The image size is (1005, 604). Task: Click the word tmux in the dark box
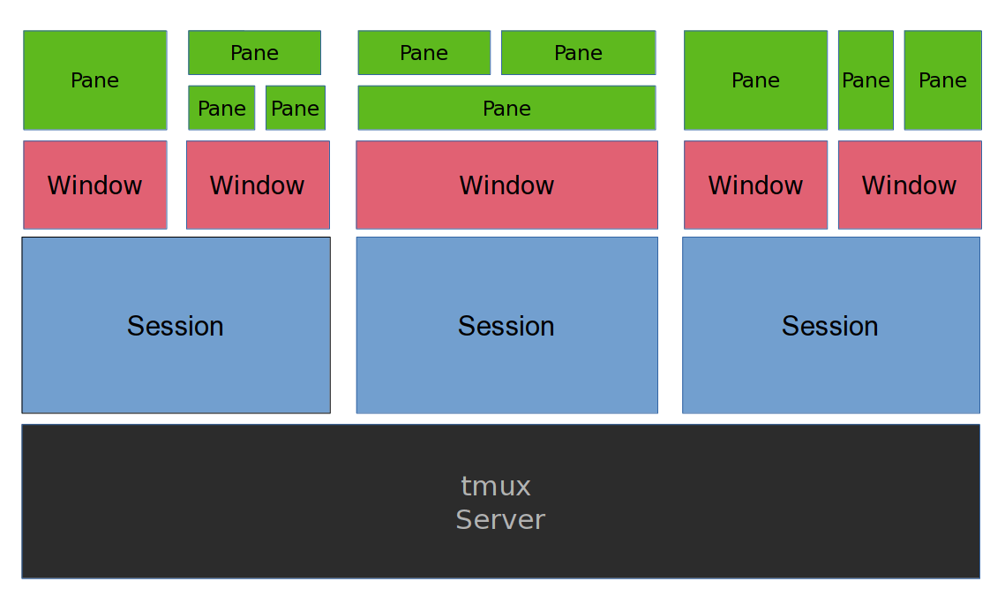(496, 487)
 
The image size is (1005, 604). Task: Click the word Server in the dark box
(500, 520)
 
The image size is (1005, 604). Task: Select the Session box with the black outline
(176, 325)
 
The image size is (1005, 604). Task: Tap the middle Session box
(506, 325)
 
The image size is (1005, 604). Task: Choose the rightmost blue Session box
(830, 325)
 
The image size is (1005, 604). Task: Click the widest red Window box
(506, 185)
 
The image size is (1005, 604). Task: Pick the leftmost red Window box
(94, 185)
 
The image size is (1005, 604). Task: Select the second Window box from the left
(258, 185)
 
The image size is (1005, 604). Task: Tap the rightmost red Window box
(909, 185)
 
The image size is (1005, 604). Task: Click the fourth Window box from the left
(755, 185)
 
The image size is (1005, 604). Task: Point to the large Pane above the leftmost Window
(94, 80)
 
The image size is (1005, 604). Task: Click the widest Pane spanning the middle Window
(506, 108)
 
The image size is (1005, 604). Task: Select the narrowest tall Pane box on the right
(866, 80)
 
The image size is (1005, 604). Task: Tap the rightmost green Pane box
(942, 80)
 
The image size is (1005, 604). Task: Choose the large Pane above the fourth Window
(755, 80)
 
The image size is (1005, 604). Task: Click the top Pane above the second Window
(254, 53)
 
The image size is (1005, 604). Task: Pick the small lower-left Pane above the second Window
(221, 108)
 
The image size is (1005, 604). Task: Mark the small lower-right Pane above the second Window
(295, 108)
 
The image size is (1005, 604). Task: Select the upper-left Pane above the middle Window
(424, 53)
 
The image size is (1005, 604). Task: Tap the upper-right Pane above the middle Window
(578, 53)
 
